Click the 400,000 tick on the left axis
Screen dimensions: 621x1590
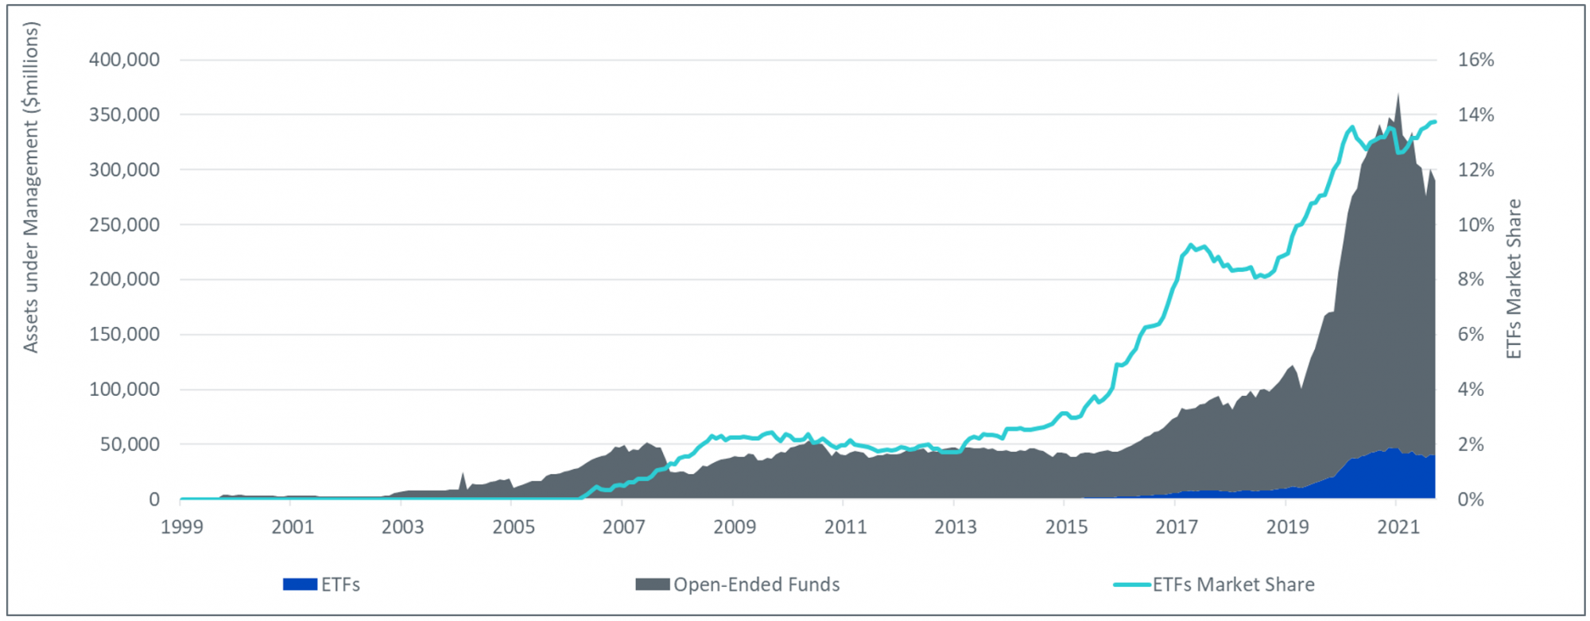[124, 60]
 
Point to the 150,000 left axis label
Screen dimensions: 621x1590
[124, 334]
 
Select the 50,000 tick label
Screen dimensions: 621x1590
[130, 444]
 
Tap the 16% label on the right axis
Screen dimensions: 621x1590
[1476, 60]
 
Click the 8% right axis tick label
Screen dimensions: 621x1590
[1471, 279]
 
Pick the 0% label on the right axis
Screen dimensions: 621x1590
[1471, 499]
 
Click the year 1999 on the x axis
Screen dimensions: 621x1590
[182, 527]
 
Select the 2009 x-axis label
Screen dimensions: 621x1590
[734, 527]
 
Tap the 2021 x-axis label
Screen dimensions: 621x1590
[1398, 527]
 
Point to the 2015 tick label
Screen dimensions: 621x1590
[1066, 527]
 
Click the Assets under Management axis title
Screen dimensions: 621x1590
[30, 187]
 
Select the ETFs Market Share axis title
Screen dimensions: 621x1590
[1514, 278]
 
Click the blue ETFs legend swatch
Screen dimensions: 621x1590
[300, 584]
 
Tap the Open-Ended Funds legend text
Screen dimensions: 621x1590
[756, 584]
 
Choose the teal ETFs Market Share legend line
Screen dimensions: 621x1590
[1132, 584]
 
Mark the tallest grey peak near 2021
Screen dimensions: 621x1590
[1398, 95]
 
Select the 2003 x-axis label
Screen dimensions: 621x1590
[402, 527]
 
